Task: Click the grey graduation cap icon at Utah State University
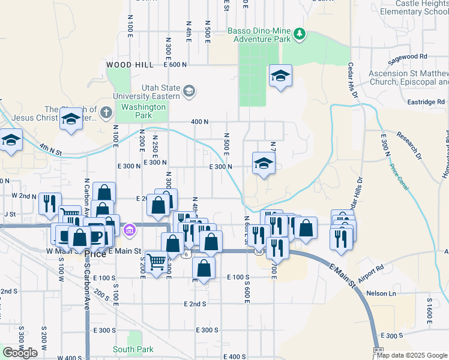(x=189, y=91)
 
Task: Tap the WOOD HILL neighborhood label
(x=130, y=64)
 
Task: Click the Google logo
(x=20, y=353)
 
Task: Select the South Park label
(x=133, y=349)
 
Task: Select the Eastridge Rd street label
(x=425, y=102)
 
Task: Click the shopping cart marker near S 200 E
(x=156, y=262)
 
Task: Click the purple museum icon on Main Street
(x=129, y=230)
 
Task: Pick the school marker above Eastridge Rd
(x=280, y=76)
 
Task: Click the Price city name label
(x=95, y=254)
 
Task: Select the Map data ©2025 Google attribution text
(x=412, y=355)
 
